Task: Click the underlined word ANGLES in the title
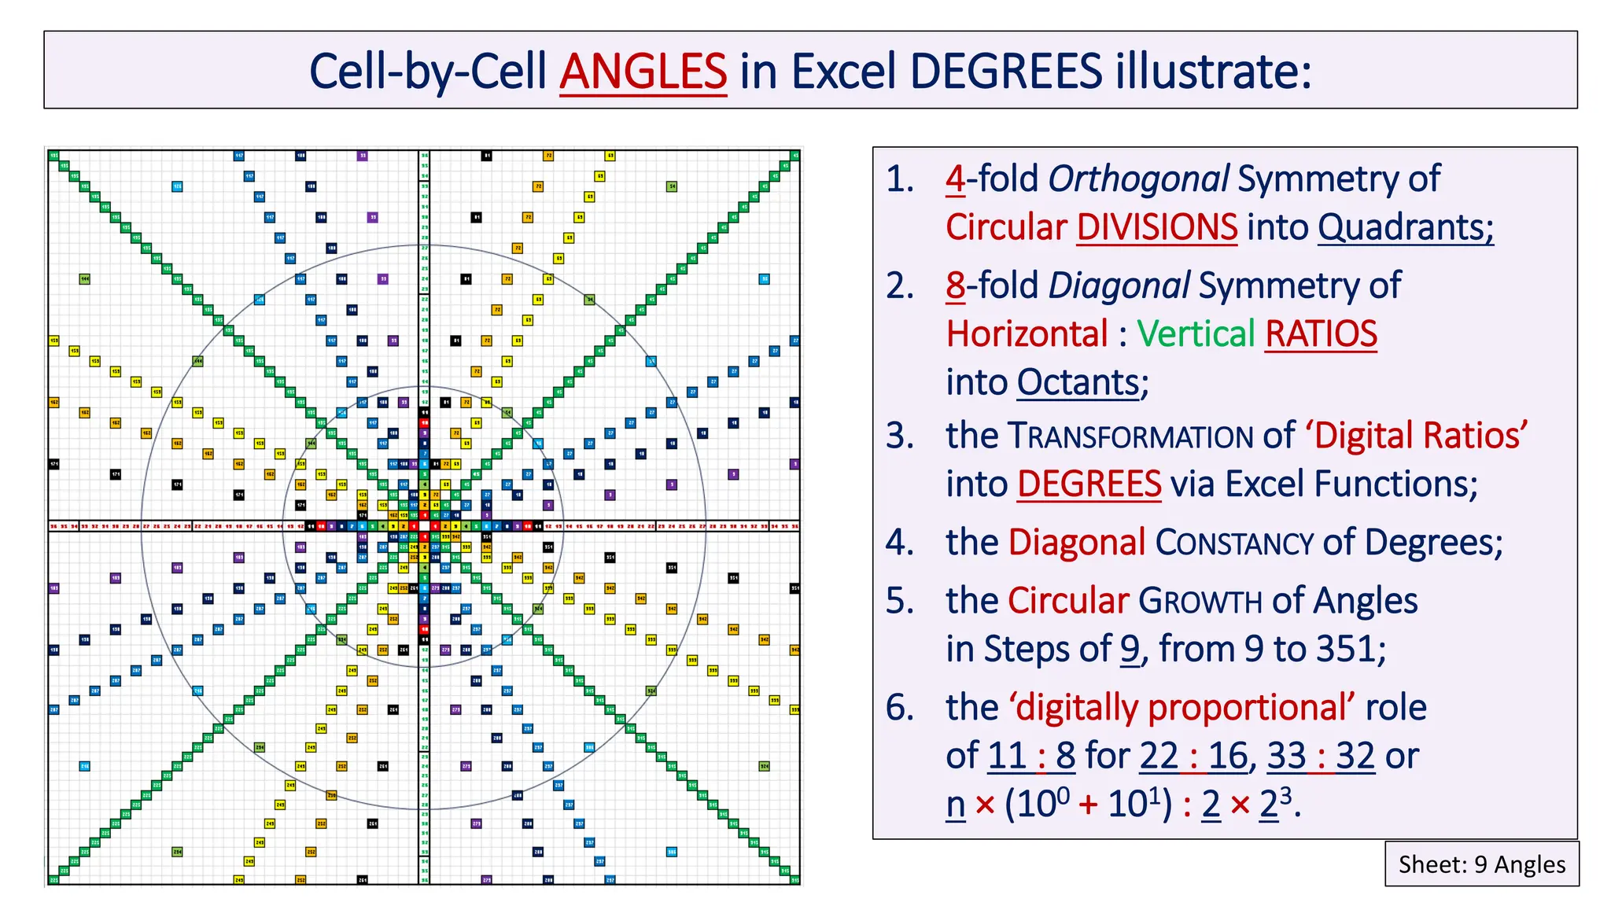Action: point(643,72)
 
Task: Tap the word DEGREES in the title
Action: point(1006,72)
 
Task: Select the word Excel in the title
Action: point(842,72)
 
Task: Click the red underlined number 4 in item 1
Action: point(955,179)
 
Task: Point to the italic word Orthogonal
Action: point(1137,179)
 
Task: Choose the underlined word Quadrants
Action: point(1405,228)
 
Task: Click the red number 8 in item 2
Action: point(955,285)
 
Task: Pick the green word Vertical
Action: point(1195,334)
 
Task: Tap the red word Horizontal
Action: point(1027,334)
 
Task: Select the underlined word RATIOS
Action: point(1321,334)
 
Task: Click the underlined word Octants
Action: point(1078,383)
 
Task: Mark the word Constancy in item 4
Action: point(1233,543)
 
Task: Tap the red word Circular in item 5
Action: point(1068,601)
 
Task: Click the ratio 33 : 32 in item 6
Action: point(1321,757)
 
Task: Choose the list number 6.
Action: point(900,708)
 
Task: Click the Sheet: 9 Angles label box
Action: point(1481,864)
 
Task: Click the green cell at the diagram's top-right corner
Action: point(794,156)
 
